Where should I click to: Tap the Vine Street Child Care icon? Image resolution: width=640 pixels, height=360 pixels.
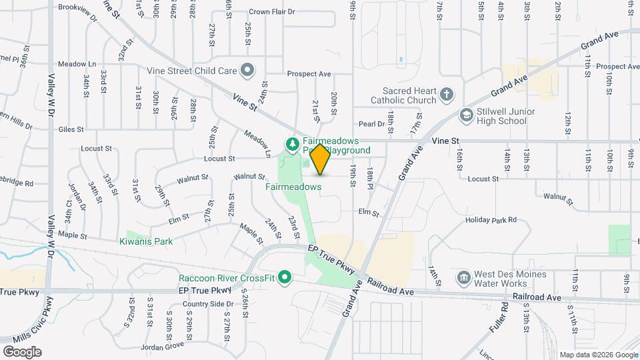247,70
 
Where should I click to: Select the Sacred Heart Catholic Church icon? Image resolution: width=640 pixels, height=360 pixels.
447,96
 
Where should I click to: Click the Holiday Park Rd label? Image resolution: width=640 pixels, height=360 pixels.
491,219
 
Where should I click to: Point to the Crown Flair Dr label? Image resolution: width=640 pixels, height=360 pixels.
271,12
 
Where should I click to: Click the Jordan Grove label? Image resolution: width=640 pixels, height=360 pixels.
165,345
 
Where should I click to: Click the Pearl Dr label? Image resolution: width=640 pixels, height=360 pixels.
372,124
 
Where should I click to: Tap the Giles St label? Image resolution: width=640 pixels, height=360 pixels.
71,129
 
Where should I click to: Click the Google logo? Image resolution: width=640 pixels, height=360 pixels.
21,351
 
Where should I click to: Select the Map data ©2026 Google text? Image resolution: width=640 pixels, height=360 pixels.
597,355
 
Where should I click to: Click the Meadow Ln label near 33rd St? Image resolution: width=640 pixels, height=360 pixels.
77,64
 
